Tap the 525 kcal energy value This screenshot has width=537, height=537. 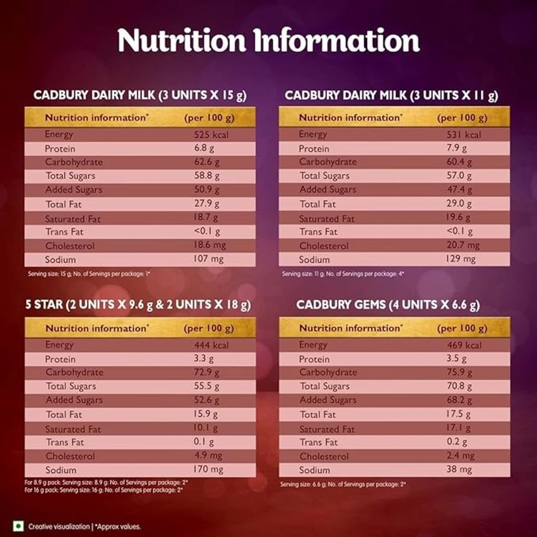[x=211, y=135]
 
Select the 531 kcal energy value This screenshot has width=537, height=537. [x=464, y=135]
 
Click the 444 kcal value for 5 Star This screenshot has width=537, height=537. [x=211, y=345]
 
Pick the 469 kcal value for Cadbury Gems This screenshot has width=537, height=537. [x=465, y=345]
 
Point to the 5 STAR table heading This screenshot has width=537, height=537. [x=138, y=305]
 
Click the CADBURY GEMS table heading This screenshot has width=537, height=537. [x=388, y=305]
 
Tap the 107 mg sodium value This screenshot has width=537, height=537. [x=208, y=259]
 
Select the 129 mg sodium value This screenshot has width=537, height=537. [x=460, y=259]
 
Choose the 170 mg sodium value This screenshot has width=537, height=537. [x=208, y=469]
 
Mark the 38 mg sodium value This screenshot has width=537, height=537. [x=459, y=469]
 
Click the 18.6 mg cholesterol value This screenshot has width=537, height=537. [x=209, y=245]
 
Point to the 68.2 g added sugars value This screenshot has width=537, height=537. [x=459, y=400]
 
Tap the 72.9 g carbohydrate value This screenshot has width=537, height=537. [x=207, y=372]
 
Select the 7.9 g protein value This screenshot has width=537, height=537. [x=456, y=148]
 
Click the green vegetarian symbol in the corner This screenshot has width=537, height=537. [x=18, y=526]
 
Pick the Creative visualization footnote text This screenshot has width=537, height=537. [x=59, y=527]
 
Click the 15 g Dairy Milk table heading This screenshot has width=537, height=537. [x=140, y=95]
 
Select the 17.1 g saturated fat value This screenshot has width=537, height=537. [x=458, y=428]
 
